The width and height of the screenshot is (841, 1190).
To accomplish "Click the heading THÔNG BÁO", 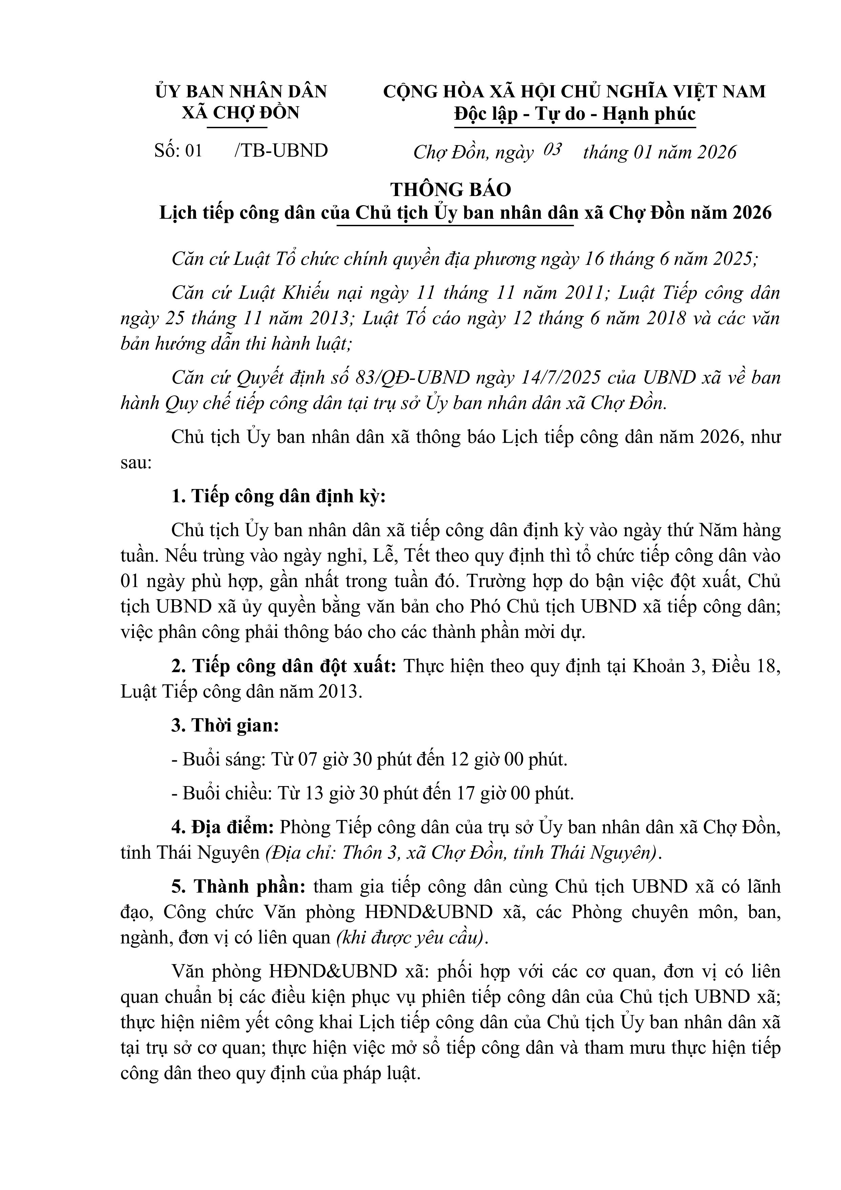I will (x=450, y=190).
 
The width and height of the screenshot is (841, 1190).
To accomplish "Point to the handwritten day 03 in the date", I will (x=553, y=150).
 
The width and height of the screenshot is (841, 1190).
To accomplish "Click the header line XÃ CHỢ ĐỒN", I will (x=240, y=113).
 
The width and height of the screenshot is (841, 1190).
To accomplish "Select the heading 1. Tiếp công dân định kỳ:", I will (x=279, y=496).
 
